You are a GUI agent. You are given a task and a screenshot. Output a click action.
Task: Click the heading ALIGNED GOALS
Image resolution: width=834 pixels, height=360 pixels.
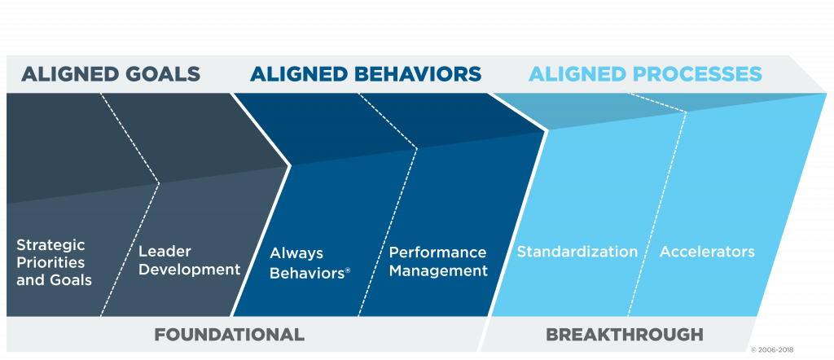[x=111, y=74]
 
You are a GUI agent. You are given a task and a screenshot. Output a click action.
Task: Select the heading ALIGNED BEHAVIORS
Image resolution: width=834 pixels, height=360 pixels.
[x=366, y=74]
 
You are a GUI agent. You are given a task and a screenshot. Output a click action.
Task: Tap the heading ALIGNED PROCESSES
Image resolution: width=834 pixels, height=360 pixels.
[x=646, y=74]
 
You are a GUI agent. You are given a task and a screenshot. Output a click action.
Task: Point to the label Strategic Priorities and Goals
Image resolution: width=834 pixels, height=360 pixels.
[x=55, y=263]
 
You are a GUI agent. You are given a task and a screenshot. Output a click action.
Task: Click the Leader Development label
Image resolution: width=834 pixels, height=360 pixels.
[x=189, y=260]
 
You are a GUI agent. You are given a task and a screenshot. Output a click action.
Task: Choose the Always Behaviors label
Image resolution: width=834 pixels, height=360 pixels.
[x=310, y=263]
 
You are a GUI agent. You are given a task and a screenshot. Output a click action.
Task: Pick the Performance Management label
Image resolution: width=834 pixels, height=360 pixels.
[x=438, y=261]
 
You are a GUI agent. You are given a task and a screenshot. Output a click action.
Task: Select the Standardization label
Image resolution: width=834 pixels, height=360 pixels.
[x=577, y=252]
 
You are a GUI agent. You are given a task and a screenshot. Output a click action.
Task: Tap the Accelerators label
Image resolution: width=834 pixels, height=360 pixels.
[x=707, y=252]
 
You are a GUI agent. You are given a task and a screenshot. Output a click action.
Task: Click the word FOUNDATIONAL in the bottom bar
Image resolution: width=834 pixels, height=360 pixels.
[x=229, y=335]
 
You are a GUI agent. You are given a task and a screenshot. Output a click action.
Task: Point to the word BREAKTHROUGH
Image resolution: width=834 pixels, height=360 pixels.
[x=625, y=335]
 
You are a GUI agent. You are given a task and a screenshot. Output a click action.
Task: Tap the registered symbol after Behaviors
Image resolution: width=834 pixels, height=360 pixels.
[x=348, y=270]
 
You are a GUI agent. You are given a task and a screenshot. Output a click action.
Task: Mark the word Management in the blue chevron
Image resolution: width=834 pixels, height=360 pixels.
[x=438, y=270]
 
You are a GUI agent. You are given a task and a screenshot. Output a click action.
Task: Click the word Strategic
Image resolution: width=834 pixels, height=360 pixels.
[x=50, y=246]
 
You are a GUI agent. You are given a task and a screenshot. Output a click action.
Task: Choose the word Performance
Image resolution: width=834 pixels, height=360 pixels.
[x=437, y=252]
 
